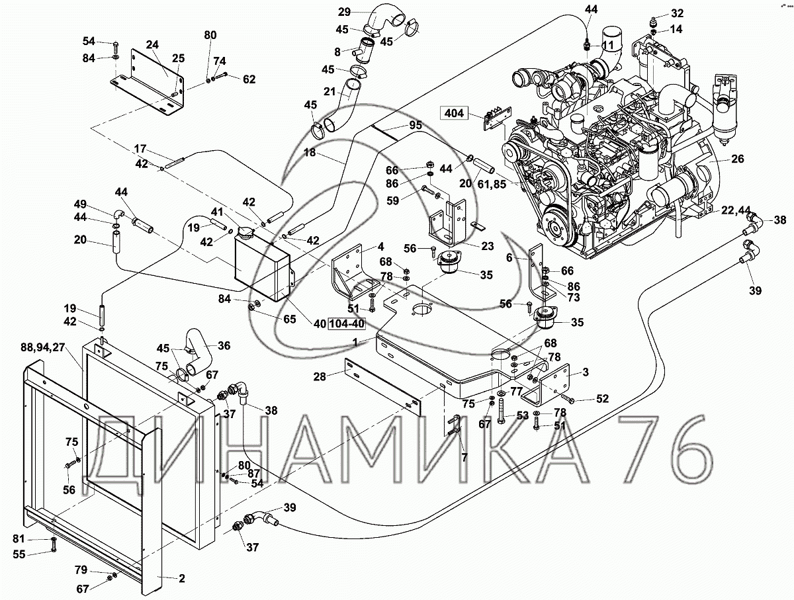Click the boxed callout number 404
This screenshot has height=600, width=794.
tap(454, 113)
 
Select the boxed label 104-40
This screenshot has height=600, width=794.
tap(347, 323)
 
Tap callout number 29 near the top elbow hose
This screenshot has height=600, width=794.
tap(344, 13)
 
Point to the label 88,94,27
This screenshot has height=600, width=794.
tap(43, 347)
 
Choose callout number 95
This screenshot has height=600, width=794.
tap(416, 125)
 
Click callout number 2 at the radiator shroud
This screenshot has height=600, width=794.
tap(182, 579)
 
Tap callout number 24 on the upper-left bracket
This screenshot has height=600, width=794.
tap(153, 45)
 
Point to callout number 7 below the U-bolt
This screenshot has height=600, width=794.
tap(464, 457)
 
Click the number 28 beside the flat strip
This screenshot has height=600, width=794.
tap(320, 377)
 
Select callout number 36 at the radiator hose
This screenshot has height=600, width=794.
tap(224, 346)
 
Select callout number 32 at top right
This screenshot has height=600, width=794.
tap(677, 13)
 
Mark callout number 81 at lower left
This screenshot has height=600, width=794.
tap(19, 539)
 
